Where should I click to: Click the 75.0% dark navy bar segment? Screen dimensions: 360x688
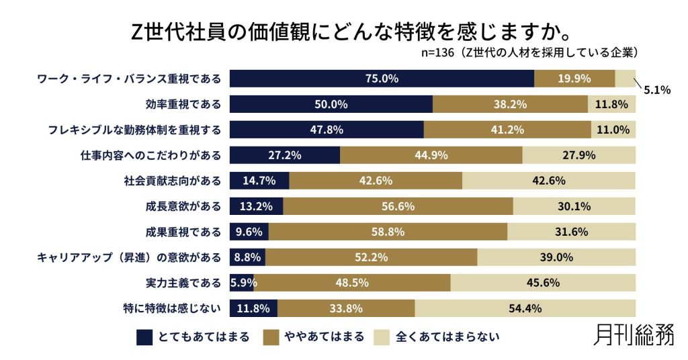(x=382, y=79)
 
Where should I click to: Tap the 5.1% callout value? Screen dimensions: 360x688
(x=657, y=90)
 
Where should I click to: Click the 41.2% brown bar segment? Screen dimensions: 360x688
(x=507, y=130)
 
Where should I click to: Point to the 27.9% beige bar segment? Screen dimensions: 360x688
(x=578, y=155)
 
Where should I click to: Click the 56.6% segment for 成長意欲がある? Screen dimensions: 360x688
(x=398, y=206)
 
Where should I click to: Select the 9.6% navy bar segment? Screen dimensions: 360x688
(x=249, y=232)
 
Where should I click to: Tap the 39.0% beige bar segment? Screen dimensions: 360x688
(x=556, y=257)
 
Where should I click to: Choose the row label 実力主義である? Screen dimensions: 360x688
(x=183, y=283)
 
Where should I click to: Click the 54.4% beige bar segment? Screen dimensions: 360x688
(x=525, y=309)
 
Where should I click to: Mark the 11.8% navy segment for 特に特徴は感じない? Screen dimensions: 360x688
(x=253, y=309)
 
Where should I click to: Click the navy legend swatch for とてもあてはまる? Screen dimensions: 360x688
(x=144, y=336)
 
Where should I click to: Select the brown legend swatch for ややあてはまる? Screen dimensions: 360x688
(x=273, y=336)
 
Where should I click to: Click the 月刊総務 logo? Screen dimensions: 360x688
(x=634, y=335)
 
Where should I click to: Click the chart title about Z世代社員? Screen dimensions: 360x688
(x=344, y=30)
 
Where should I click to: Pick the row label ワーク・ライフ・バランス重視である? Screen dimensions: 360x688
(x=129, y=79)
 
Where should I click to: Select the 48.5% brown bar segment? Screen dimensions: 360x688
(x=352, y=283)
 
